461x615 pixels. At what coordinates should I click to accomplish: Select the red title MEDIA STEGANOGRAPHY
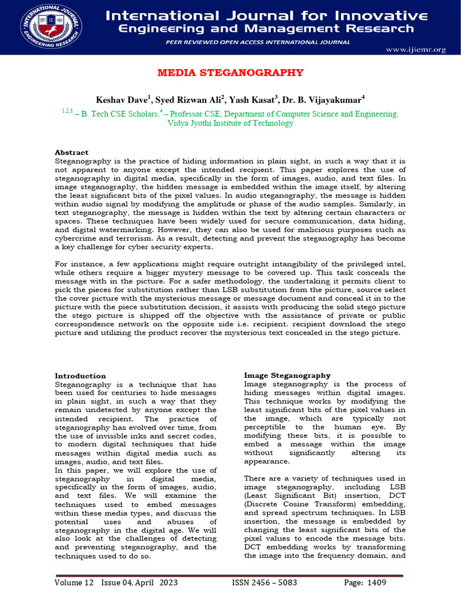pyautogui.click(x=230, y=73)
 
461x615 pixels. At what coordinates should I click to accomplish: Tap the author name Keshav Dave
pyautogui.click(x=122, y=98)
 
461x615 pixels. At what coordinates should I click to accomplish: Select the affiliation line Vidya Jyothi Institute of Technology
pyautogui.click(x=230, y=123)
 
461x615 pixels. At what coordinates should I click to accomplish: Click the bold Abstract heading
pyautogui.click(x=71, y=153)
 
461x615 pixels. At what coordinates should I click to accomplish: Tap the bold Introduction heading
pyautogui.click(x=80, y=375)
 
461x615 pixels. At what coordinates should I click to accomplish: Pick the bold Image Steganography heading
pyautogui.click(x=287, y=375)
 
